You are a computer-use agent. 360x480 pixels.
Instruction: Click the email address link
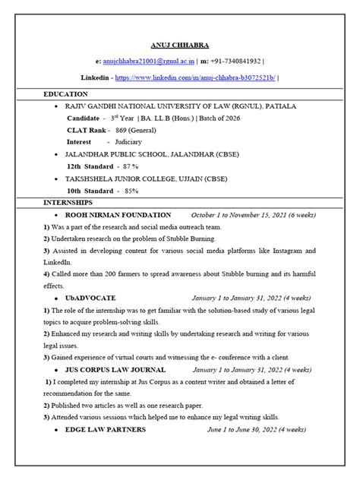coord(144,60)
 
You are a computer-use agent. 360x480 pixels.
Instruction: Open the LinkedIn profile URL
coord(198,77)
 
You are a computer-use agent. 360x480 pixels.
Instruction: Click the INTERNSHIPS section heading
coord(68,203)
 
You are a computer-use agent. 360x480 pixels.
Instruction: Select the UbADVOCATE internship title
coord(90,298)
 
